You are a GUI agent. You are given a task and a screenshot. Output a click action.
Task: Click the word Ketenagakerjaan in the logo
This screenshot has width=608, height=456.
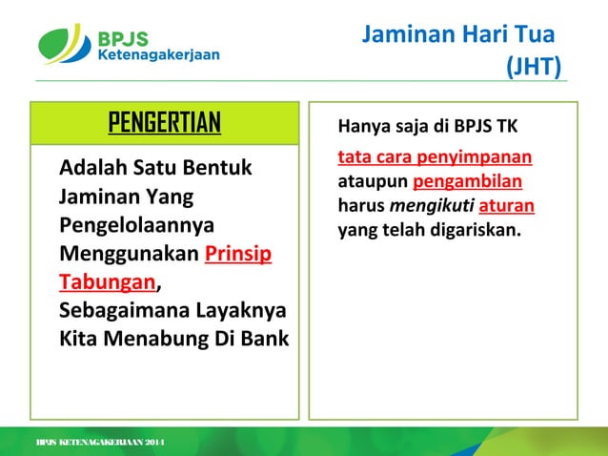158,55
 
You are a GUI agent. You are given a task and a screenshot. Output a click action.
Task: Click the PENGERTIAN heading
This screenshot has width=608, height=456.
164,122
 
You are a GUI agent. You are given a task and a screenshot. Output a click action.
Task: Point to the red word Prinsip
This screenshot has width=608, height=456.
238,255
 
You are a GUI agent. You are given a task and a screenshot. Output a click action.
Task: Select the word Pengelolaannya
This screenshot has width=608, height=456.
136,226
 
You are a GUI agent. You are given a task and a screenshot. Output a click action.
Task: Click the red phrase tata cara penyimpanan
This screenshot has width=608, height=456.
435,156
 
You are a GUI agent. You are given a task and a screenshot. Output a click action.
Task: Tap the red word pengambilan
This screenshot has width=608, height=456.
467,181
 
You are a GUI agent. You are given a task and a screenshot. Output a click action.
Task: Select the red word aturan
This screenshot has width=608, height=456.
506,205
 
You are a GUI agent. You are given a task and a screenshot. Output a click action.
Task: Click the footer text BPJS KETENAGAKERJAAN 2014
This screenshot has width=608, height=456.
100,444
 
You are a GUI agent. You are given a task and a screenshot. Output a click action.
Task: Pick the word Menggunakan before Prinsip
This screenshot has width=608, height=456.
130,255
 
